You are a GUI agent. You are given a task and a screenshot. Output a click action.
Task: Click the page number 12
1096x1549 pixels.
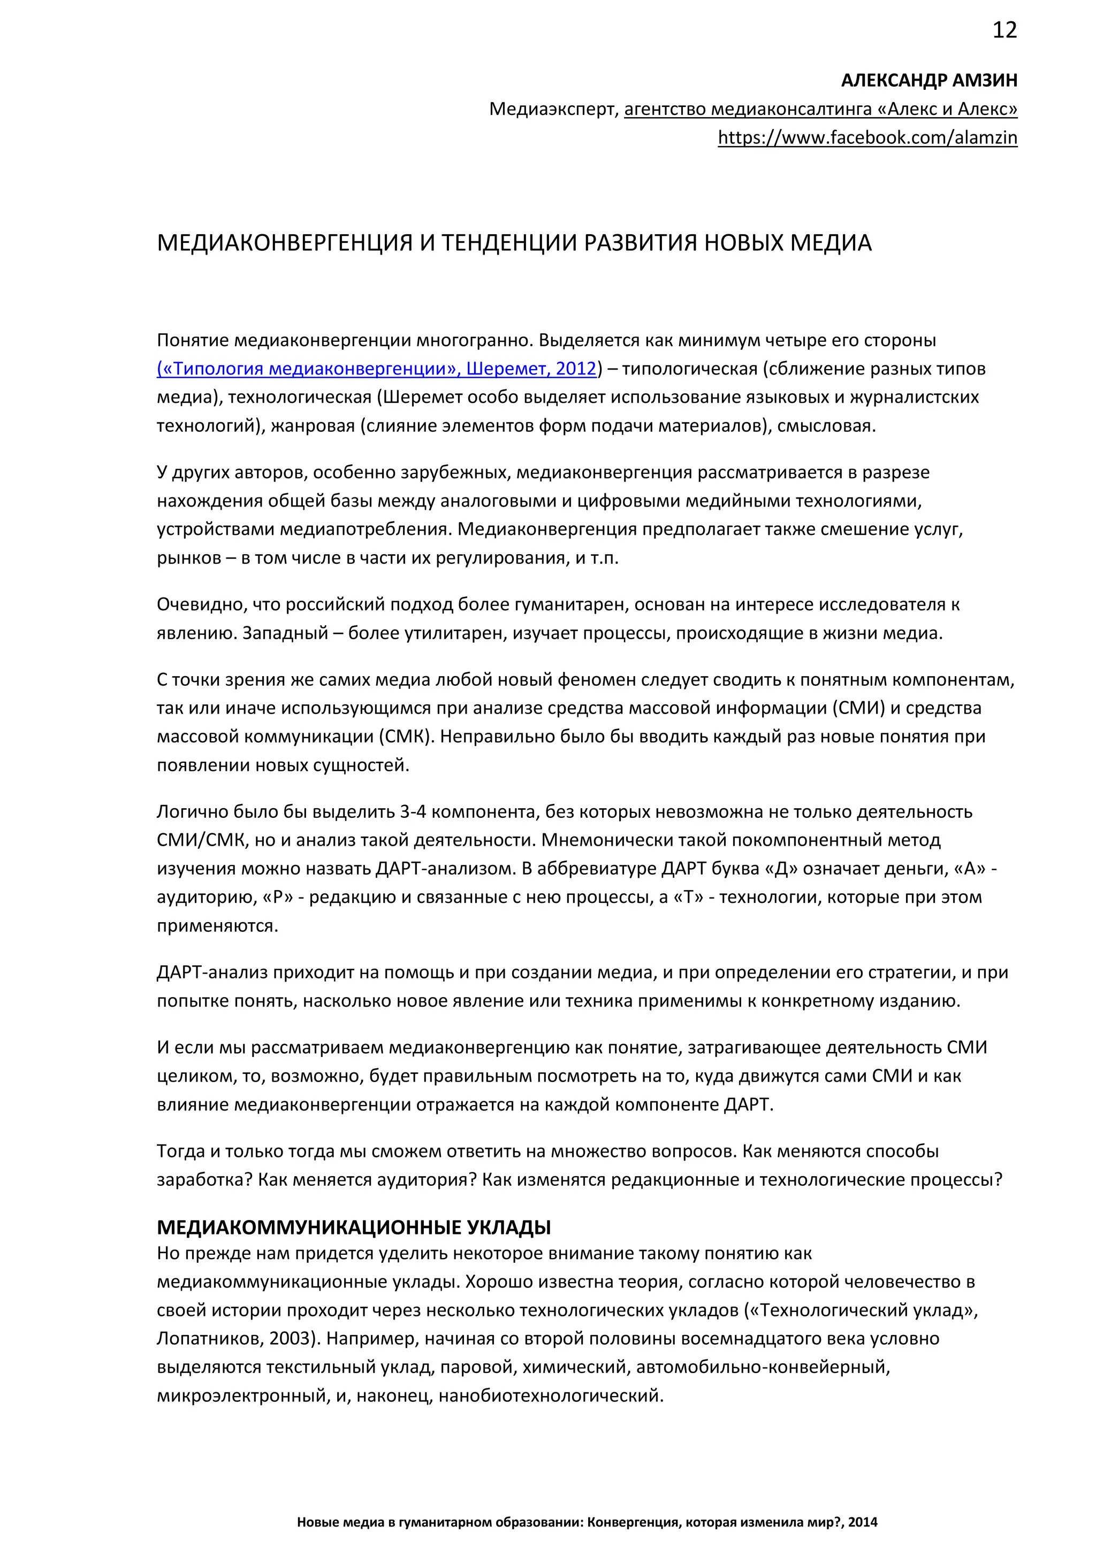coord(1004,30)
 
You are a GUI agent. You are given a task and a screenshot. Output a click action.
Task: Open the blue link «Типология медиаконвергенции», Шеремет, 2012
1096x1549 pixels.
coord(377,369)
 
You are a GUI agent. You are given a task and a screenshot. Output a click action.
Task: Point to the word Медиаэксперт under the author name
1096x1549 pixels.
coord(553,109)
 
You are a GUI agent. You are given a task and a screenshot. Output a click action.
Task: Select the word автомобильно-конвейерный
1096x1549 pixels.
coord(763,1367)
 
